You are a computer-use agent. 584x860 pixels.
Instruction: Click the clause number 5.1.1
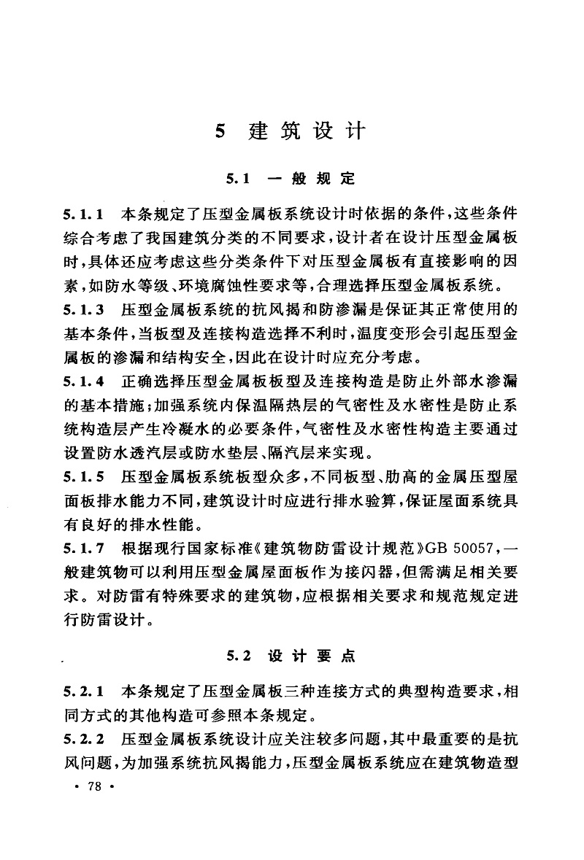tap(86, 216)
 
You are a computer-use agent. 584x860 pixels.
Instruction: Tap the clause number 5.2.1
tap(86, 689)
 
